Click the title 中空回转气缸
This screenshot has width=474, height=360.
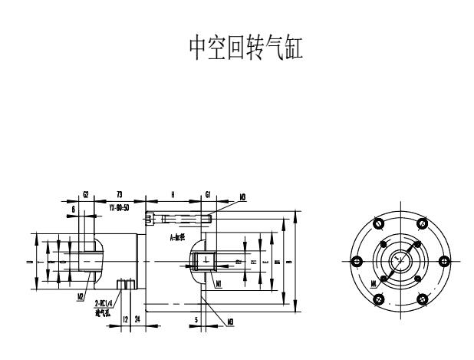[x=237, y=48]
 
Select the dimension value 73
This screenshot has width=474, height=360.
[x=120, y=196]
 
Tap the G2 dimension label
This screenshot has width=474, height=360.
[x=86, y=196]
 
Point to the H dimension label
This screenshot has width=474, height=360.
[x=173, y=196]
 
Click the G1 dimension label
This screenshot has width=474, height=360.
[x=208, y=196]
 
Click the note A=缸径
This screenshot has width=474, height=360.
[x=180, y=239]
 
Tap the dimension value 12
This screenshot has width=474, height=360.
[x=125, y=316]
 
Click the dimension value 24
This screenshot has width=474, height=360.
[x=137, y=316]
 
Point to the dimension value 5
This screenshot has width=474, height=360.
[x=196, y=316]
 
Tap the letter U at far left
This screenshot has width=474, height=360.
[x=28, y=262]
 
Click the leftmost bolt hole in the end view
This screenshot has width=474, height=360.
[x=355, y=261]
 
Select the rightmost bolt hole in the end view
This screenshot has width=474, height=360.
[x=442, y=261]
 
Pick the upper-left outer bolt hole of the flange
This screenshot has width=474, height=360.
[x=377, y=223]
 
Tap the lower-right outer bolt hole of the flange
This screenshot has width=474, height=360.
[x=420, y=299]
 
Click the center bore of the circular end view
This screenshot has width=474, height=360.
[x=399, y=261]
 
